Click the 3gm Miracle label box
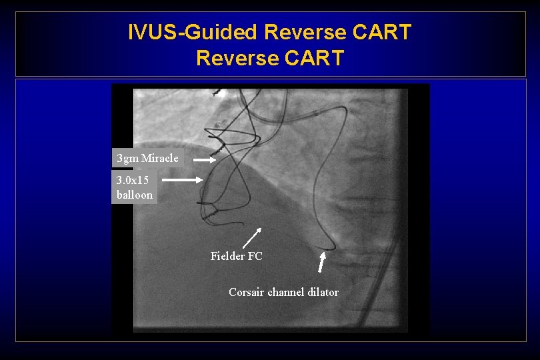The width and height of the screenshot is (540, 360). coord(147,158)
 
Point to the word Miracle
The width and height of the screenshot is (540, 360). coord(159,158)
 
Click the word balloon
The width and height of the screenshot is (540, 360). coord(135,195)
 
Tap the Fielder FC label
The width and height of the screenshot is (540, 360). coord(236,256)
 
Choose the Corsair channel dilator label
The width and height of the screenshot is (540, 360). coord(283,292)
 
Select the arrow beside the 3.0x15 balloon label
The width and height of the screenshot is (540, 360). coord(182,180)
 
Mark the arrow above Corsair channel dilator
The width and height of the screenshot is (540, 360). coord(321,261)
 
